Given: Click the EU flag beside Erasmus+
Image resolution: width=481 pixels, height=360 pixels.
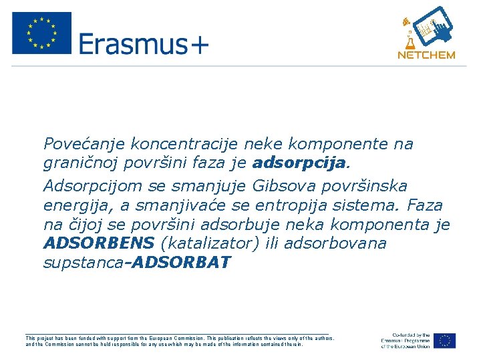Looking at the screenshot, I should coord(41,33).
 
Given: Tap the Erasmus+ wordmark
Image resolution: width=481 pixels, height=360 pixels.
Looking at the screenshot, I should coord(144,45).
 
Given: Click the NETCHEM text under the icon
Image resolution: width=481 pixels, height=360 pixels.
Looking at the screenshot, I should coord(426,55).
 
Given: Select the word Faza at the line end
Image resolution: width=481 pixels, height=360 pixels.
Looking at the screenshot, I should coord(424,203).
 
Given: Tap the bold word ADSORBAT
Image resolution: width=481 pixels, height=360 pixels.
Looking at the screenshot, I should coord(182,263).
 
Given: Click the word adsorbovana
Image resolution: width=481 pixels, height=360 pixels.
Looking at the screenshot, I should coord(335,243).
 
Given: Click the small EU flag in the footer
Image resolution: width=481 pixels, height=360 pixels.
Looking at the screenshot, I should coord(444,341).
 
